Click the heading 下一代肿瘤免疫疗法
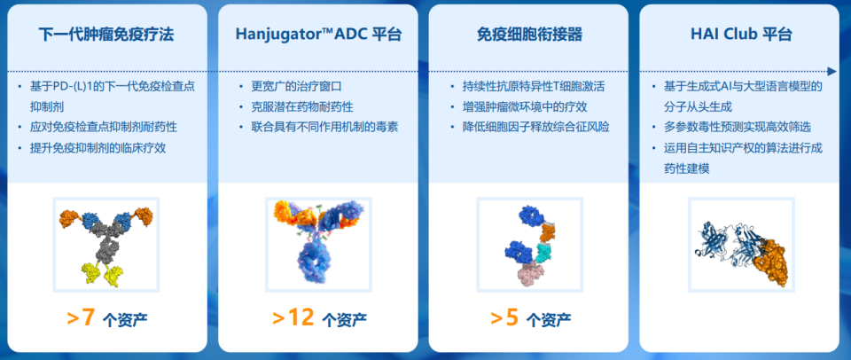(105, 35)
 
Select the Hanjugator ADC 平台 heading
(318, 35)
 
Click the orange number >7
(81, 317)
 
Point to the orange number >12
(293, 317)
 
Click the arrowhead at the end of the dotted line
(831, 71)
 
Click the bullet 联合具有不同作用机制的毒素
(324, 126)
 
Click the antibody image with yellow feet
(105, 245)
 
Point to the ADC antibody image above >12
(318, 245)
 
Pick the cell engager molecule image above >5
(529, 245)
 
